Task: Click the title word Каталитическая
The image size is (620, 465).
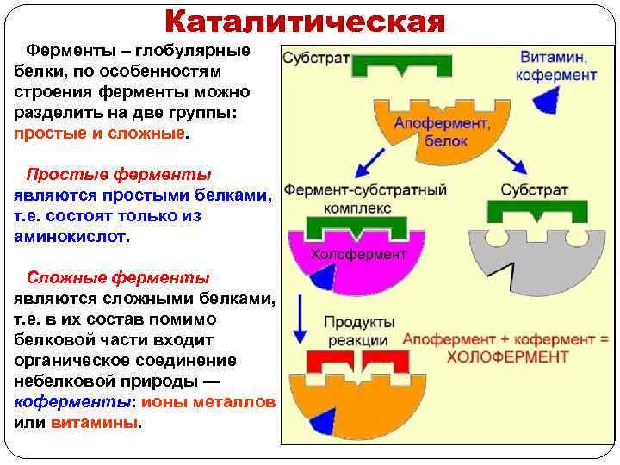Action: click(x=305, y=21)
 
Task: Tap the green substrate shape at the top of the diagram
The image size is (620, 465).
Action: click(x=405, y=65)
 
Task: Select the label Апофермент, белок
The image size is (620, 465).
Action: click(x=442, y=131)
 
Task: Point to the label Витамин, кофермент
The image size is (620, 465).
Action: click(x=556, y=66)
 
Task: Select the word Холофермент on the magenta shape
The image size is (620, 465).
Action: click(x=357, y=254)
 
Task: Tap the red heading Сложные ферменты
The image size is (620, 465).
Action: click(x=118, y=277)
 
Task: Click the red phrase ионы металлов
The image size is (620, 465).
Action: click(x=208, y=403)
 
